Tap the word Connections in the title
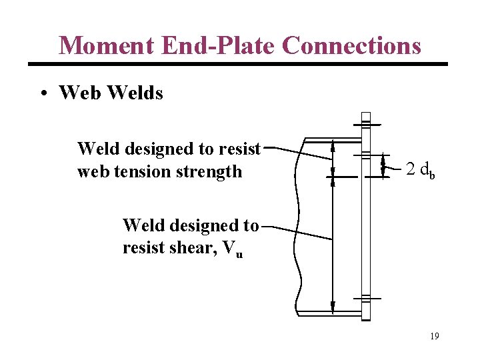[351, 45]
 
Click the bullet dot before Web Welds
[43, 93]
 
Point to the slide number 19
[434, 336]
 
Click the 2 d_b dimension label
[421, 170]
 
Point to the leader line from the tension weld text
[300, 153]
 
